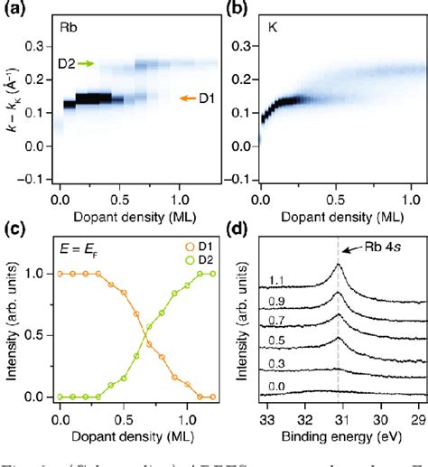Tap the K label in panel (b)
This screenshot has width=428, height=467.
(x=272, y=26)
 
